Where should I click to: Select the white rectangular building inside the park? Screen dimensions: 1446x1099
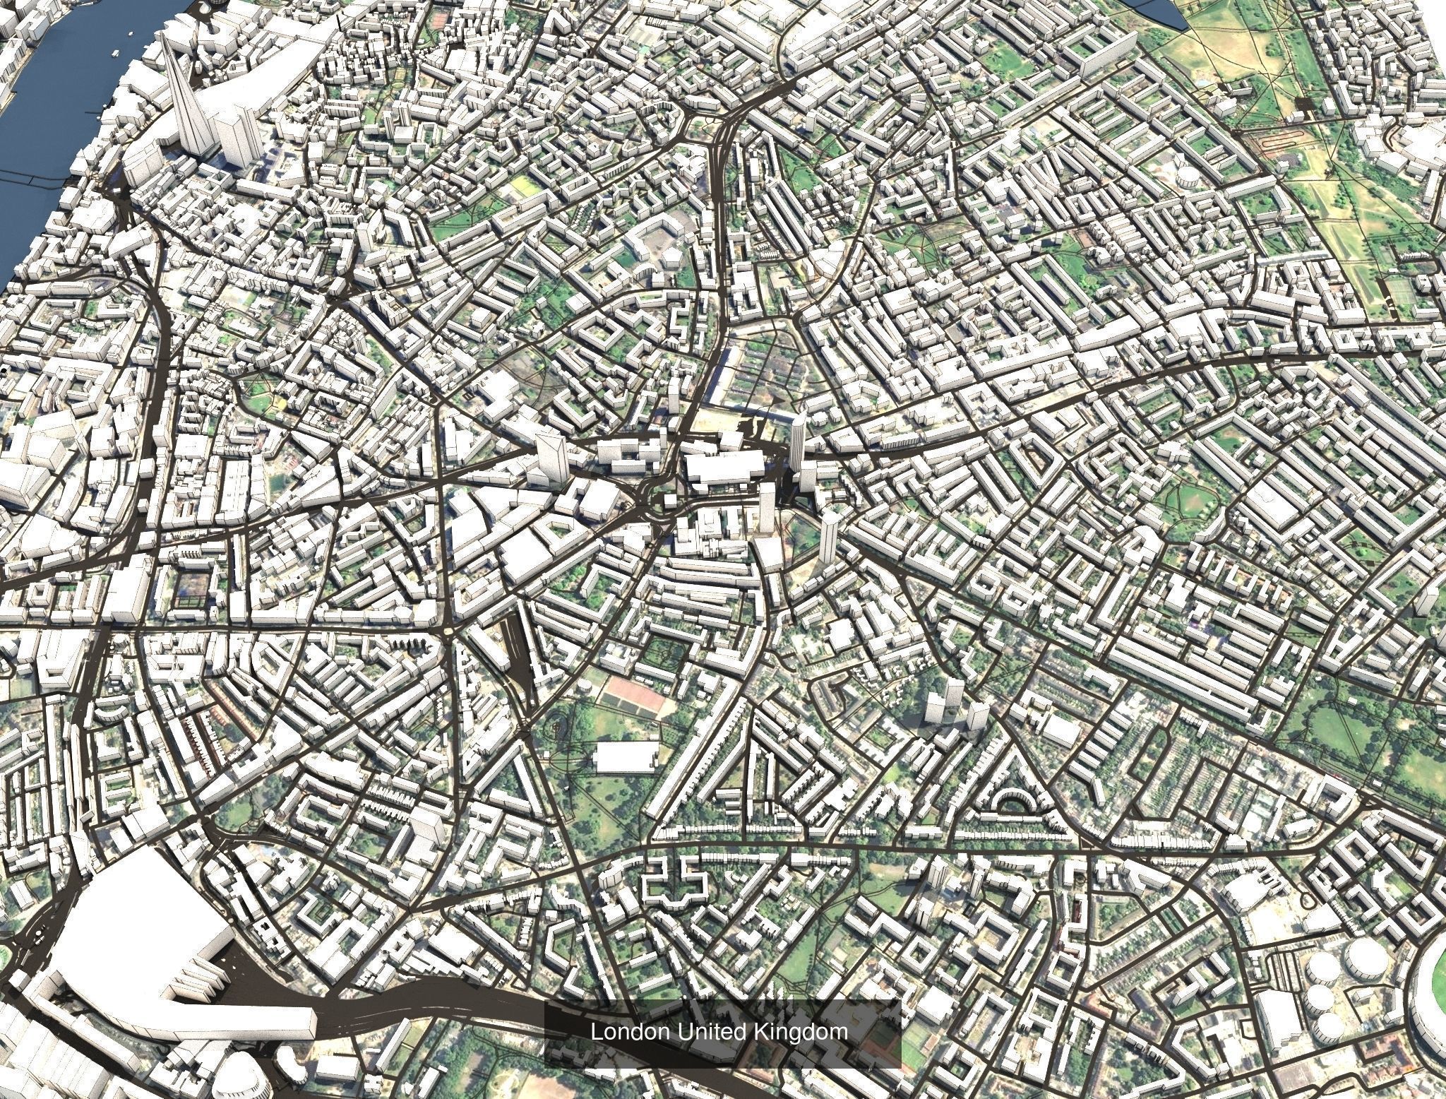coord(626,756)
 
